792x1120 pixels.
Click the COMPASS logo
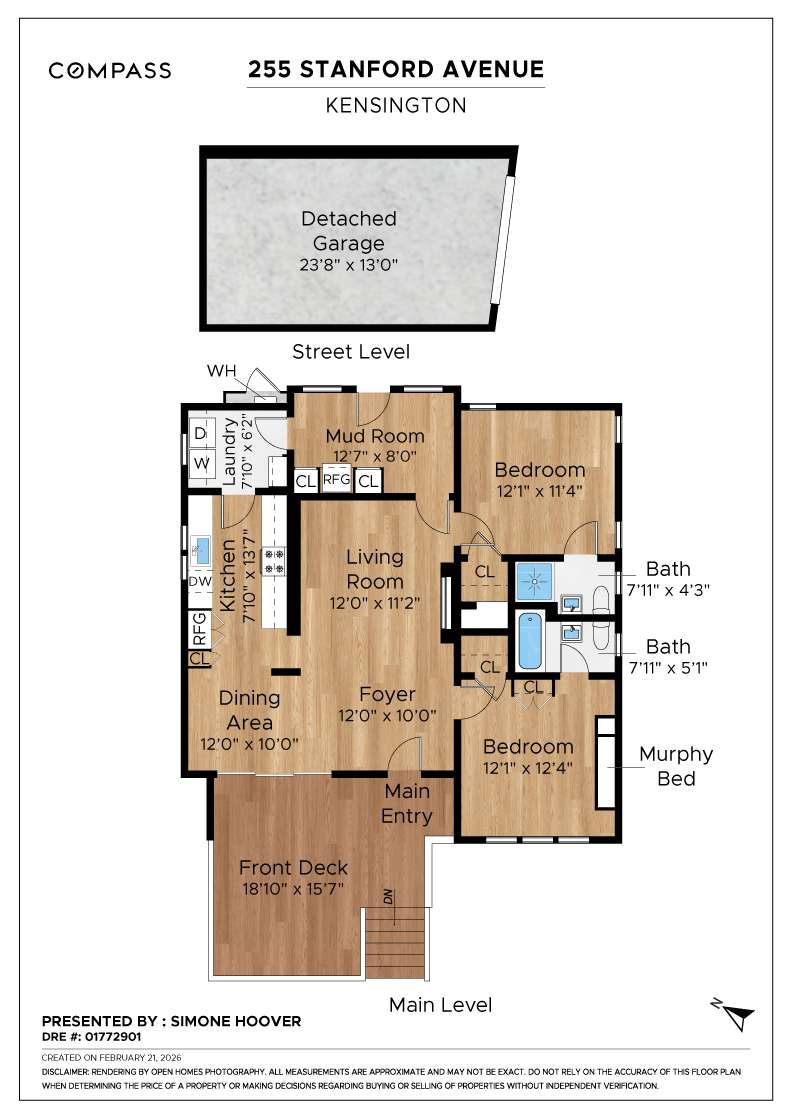110,70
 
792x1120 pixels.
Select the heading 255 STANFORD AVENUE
396,69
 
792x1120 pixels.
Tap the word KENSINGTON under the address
396,104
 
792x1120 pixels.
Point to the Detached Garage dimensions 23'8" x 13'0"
349,266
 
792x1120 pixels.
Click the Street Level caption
350,351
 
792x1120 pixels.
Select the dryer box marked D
200,434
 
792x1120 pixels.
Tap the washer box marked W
200,463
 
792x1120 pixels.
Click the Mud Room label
375,436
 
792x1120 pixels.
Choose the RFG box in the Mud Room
337,481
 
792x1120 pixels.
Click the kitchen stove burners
274,560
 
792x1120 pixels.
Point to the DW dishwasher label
200,582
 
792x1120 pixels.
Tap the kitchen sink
200,547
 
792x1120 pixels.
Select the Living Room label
375,568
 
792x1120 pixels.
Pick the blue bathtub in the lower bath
529,643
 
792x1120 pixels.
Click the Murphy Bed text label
676,765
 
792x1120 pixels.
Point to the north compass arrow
737,1016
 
